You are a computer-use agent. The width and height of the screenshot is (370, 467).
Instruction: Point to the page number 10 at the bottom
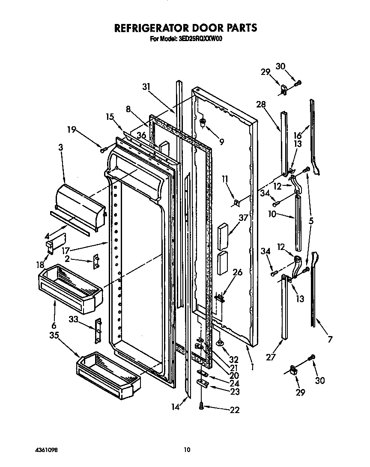tap(187, 450)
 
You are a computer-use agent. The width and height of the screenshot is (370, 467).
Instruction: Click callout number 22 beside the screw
tap(234, 410)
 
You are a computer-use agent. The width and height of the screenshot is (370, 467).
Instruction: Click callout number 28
tap(261, 104)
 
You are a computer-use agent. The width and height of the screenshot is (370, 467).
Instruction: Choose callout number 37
tap(243, 218)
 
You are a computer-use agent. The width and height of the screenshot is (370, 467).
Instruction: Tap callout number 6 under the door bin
tap(54, 326)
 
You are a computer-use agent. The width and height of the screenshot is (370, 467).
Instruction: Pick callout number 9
tap(221, 142)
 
